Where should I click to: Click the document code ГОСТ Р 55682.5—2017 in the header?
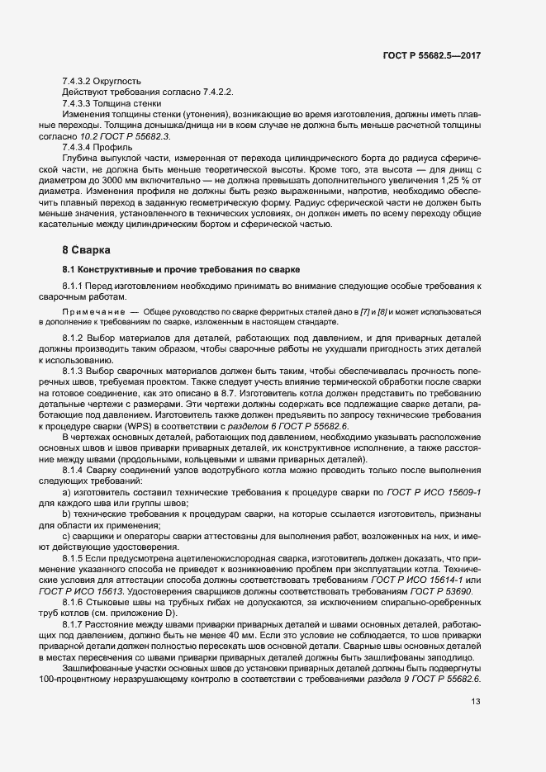point(432,55)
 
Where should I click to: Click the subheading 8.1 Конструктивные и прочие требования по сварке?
point(174,270)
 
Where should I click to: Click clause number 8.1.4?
point(76,457)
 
